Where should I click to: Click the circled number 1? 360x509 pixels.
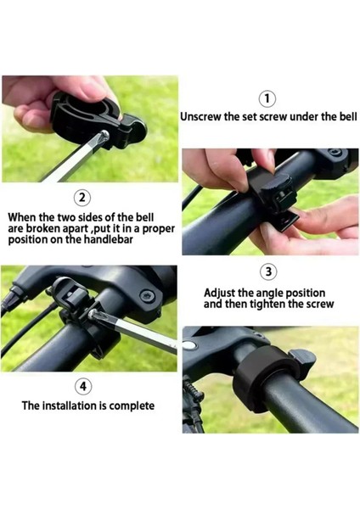coord(267,98)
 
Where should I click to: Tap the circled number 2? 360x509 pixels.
coord(82,198)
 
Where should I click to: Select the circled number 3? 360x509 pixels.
coord(268,271)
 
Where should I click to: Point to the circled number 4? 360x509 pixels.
coord(83,387)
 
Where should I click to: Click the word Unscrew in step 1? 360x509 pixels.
coord(200,116)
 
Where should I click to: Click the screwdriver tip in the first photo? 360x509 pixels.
coord(104,135)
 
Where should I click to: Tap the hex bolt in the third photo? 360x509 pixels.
coord(147,297)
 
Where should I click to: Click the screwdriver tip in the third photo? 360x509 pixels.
coord(93,314)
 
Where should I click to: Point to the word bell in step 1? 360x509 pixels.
coord(348,116)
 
